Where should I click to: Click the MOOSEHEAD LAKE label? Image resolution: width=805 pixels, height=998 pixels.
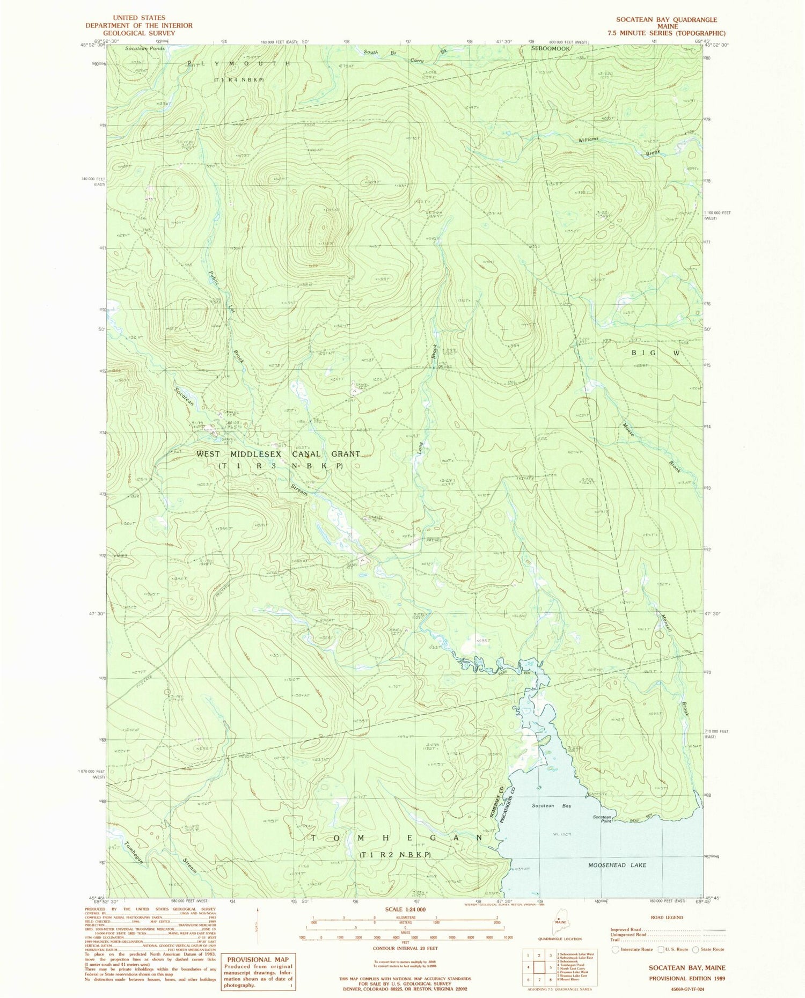617,865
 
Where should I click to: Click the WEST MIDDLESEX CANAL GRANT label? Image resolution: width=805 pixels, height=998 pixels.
278,454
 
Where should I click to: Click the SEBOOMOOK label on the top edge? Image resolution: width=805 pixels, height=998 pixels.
550,48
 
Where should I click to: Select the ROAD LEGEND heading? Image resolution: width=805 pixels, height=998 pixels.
667,918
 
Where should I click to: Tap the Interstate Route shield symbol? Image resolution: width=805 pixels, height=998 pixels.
616,949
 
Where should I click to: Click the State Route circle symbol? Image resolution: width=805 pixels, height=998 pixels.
696,949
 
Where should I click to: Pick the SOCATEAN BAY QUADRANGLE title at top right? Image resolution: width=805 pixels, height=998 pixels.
666,20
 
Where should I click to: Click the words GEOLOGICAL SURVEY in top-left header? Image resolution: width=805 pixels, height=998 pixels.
139,33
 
